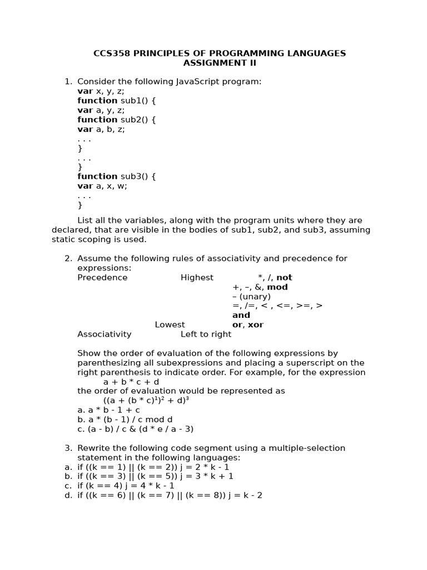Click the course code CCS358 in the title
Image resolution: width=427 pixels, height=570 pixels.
[110, 53]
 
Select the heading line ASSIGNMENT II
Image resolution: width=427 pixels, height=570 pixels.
[220, 63]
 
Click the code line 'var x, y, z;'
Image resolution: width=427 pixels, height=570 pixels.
[101, 91]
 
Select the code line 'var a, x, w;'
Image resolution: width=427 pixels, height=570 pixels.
[102, 186]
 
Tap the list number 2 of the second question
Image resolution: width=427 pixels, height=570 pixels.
[68, 259]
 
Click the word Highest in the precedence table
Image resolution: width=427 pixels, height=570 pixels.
[197, 278]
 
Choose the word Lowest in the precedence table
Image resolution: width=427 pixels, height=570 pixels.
[170, 325]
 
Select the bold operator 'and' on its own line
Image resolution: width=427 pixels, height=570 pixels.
[241, 316]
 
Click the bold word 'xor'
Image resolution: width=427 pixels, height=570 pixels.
[256, 325]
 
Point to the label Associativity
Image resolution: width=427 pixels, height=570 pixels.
[105, 335]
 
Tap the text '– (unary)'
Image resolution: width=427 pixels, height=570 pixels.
[251, 297]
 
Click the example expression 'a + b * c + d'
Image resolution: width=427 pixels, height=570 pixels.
[131, 382]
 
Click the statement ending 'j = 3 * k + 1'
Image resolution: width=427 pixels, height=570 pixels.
[155, 476]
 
